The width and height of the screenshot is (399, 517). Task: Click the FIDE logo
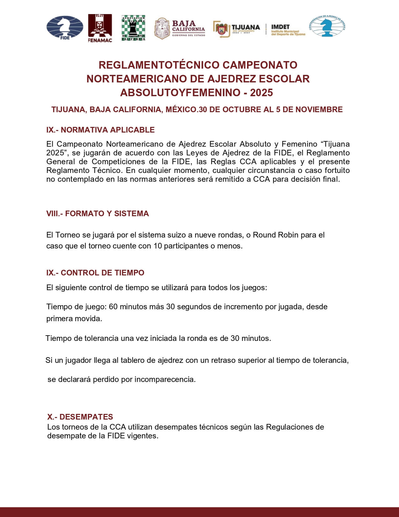coord(65,28)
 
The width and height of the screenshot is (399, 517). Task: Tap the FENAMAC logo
coord(100,28)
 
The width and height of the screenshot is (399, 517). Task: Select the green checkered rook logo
coord(133,28)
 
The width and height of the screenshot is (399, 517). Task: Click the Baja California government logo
coord(180,28)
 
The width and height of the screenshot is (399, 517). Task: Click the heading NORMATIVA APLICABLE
coord(107,130)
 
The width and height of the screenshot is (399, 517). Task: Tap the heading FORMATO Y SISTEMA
coord(107,213)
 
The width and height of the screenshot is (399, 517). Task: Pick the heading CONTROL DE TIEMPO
coord(102,273)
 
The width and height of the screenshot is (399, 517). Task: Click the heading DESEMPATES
coord(86,417)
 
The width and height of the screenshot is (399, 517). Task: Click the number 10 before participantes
coord(157,246)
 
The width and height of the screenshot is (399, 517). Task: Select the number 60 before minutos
coord(113,306)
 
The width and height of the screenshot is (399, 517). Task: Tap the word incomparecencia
coord(165,379)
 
